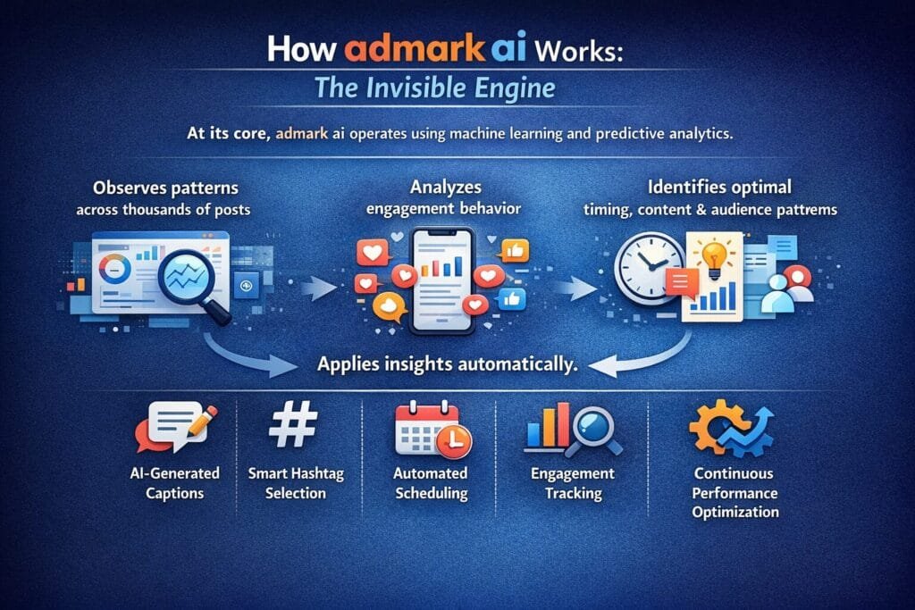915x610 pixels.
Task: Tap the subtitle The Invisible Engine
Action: pos(457,89)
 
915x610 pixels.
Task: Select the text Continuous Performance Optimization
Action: pos(735,492)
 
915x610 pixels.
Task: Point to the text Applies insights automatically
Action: pos(456,363)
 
